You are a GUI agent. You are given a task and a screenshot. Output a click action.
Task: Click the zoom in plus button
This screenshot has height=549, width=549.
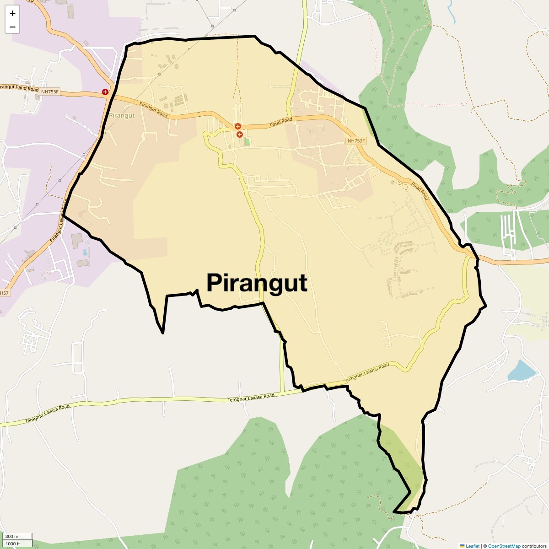pyautogui.click(x=12, y=13)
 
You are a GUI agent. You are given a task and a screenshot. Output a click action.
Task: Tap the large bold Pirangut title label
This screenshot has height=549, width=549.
pyautogui.click(x=257, y=283)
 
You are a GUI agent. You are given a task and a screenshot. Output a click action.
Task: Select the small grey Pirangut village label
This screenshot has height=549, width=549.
pyautogui.click(x=122, y=116)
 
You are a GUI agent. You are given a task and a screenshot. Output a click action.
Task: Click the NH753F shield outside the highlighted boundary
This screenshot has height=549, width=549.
pyautogui.click(x=50, y=91)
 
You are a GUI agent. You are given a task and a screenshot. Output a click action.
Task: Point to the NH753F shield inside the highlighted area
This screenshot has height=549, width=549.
pyautogui.click(x=356, y=141)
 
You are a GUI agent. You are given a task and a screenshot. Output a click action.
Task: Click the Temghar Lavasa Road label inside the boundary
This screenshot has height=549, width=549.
pyautogui.click(x=367, y=372)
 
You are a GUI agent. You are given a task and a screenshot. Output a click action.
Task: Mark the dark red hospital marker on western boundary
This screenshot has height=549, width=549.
pyautogui.click(x=105, y=92)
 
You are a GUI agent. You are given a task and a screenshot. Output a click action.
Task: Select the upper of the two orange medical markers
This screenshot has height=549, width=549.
pyautogui.click(x=237, y=126)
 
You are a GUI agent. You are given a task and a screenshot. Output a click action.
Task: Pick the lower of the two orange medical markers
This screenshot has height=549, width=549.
pyautogui.click(x=239, y=135)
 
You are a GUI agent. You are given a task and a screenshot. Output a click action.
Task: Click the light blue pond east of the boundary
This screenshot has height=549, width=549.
pyautogui.click(x=522, y=371)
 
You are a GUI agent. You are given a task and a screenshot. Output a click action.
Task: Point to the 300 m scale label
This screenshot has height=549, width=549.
pyautogui.click(x=12, y=536)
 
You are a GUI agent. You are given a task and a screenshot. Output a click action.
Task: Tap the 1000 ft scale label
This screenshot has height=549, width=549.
pyautogui.click(x=13, y=544)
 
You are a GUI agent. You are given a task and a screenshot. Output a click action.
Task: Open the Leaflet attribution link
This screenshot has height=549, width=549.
pyautogui.click(x=472, y=546)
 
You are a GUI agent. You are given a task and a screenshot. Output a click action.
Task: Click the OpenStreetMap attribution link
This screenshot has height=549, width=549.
pyautogui.click(x=504, y=546)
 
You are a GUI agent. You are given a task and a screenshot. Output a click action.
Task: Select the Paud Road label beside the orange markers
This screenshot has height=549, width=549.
pyautogui.click(x=280, y=122)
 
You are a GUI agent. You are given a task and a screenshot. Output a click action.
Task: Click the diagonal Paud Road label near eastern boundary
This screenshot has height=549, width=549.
pyautogui.click(x=420, y=191)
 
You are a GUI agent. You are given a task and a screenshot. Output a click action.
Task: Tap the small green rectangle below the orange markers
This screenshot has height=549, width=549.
pyautogui.click(x=248, y=142)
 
